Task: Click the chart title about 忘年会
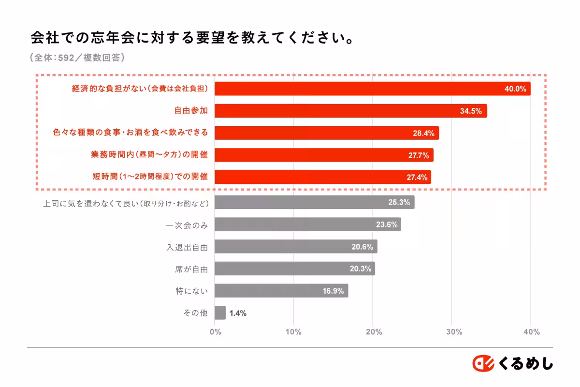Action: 191,38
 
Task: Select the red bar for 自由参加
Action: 350,111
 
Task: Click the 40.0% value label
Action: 515,89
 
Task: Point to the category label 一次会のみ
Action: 187,224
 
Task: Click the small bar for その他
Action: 220,313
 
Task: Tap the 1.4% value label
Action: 238,313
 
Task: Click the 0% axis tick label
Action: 215,332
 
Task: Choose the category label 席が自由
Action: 191,269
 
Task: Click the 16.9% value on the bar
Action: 333,291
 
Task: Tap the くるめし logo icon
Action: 483,363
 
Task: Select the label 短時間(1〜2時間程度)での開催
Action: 150,177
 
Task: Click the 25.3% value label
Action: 399,203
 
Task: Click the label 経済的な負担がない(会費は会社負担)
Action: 140,89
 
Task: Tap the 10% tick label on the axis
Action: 294,332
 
